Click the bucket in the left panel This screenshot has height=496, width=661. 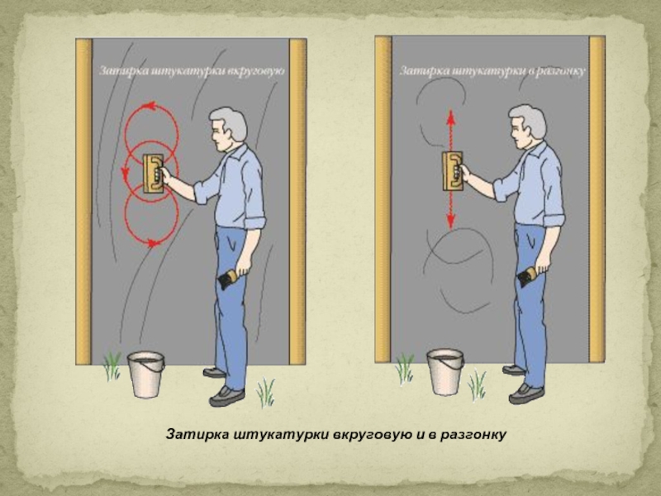click(x=146, y=374)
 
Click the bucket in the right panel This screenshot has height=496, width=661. click(x=445, y=372)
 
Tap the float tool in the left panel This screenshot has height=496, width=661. click(x=153, y=174)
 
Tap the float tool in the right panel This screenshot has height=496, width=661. click(x=453, y=171)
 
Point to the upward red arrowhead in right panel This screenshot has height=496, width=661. click(x=451, y=115)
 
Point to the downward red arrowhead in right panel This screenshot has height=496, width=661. click(x=451, y=221)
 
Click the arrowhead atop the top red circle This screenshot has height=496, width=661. click(x=150, y=106)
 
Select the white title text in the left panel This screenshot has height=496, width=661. click(x=192, y=70)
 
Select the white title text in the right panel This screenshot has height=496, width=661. click(x=492, y=71)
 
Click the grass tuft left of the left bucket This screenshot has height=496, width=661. click(x=112, y=366)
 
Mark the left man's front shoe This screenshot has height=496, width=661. click(x=226, y=397)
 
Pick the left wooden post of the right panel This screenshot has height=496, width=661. click(x=383, y=198)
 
